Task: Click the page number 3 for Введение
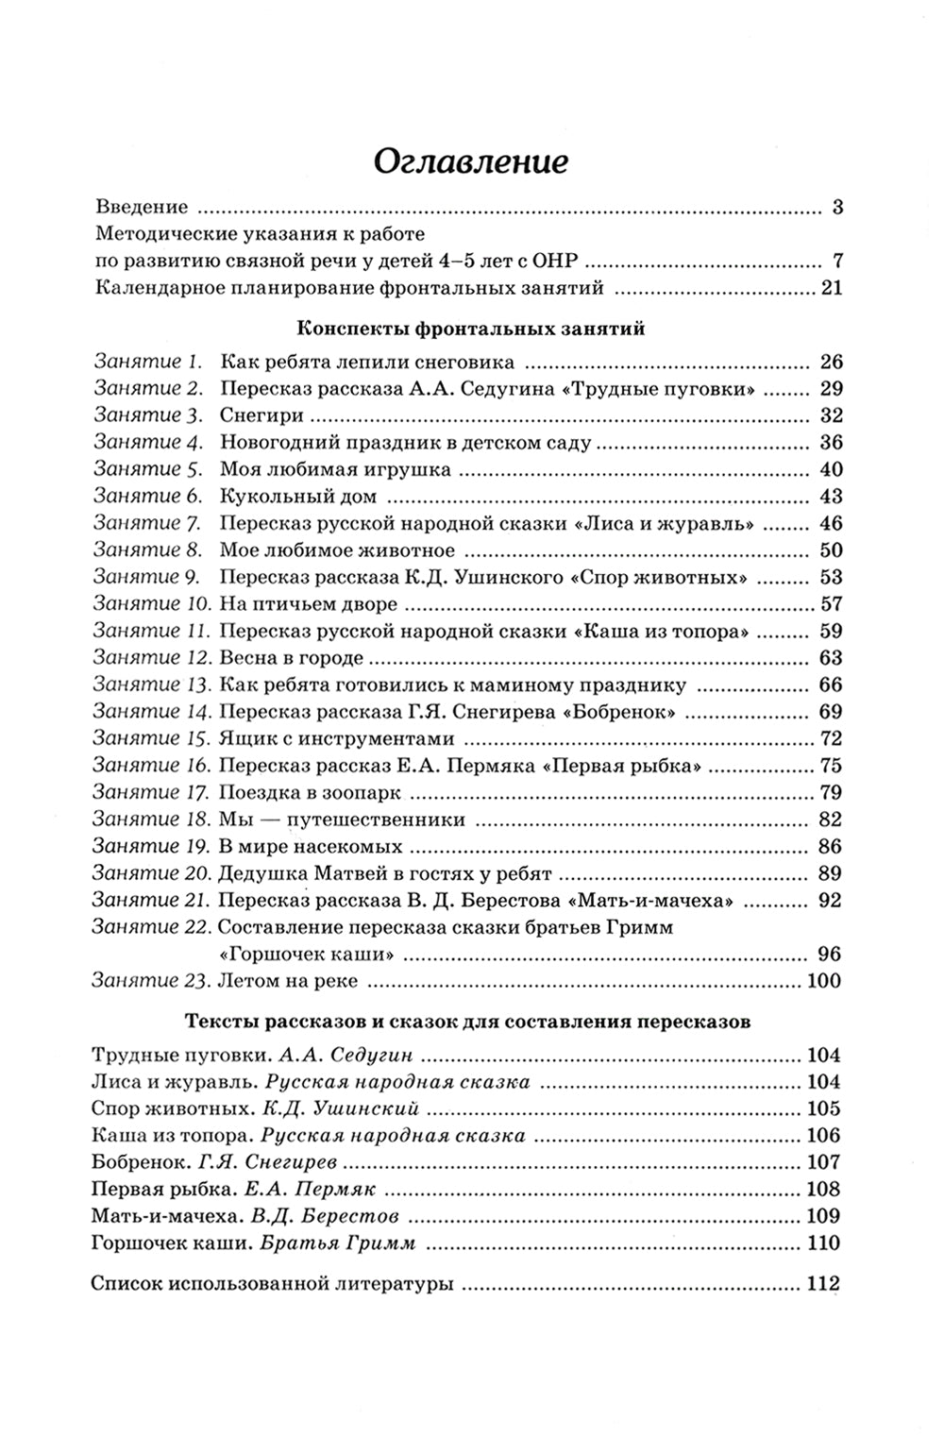(x=836, y=207)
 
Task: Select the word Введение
(x=142, y=207)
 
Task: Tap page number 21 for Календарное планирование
(x=831, y=288)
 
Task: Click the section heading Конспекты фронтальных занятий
(x=470, y=329)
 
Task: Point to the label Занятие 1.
(x=148, y=361)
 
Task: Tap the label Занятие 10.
(x=152, y=603)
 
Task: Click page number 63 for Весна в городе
(x=831, y=658)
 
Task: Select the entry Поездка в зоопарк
(x=310, y=792)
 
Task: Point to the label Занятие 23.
(x=151, y=981)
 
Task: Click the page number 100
(x=824, y=981)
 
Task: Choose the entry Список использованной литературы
(x=273, y=1284)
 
